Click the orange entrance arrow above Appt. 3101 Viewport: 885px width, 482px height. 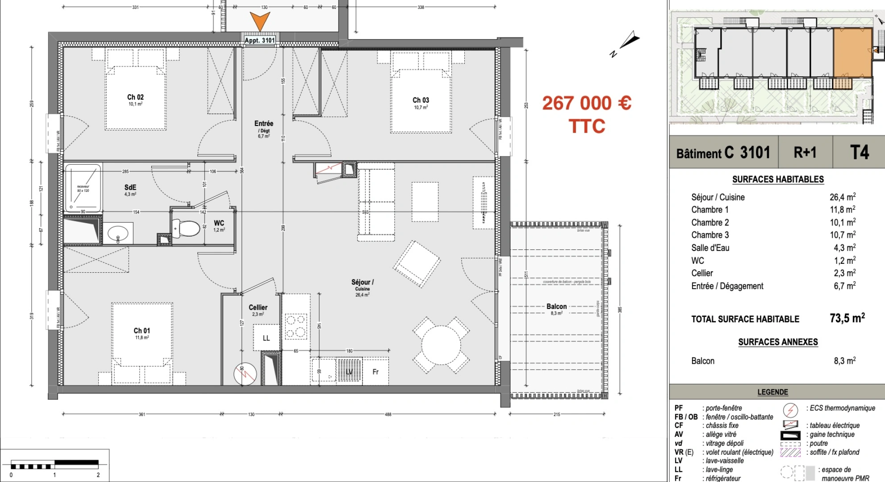coord(259,21)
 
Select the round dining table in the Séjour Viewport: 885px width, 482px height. coord(441,345)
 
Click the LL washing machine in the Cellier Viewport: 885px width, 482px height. coord(266,338)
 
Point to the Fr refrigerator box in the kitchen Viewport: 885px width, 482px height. coord(376,371)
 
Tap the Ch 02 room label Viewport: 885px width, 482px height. coord(135,97)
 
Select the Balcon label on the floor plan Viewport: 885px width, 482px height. coord(556,307)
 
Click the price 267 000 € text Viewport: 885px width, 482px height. coord(586,104)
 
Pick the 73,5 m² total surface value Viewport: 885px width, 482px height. coord(847,318)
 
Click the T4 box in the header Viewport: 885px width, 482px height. coord(859,153)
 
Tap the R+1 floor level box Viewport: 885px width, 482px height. coord(805,153)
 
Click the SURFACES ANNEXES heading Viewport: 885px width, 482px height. coord(777,342)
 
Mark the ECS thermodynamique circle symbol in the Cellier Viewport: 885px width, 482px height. coord(245,374)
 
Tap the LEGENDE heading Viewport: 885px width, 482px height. coord(772,392)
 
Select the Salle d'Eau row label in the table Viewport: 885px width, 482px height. coord(710,248)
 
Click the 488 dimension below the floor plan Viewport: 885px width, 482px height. coord(388,414)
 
